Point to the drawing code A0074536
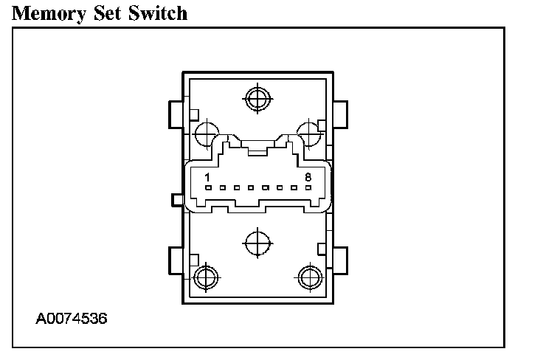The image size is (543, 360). point(72,319)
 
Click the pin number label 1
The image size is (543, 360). point(208,177)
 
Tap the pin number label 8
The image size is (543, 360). point(308,177)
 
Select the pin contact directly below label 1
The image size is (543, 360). point(208,189)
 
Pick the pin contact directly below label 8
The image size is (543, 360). point(308,189)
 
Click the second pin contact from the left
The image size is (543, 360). point(222,189)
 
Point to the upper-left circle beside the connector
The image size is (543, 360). point(206,134)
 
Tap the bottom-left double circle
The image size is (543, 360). point(205,277)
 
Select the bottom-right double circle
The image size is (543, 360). point(309,277)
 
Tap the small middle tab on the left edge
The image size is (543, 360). point(176,199)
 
